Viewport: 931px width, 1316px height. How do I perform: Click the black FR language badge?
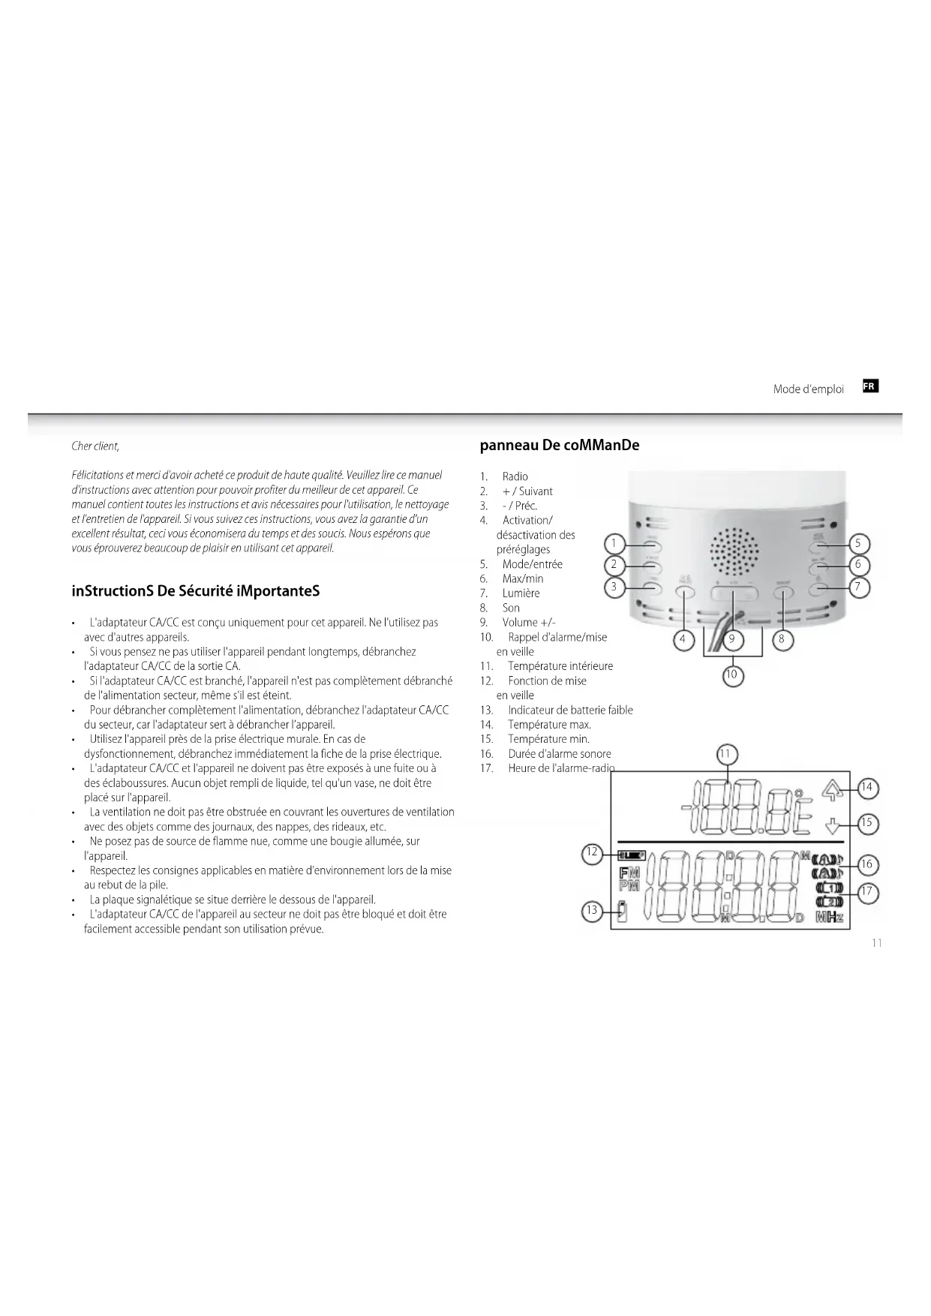click(x=869, y=386)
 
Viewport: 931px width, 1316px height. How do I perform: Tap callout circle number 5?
click(x=858, y=544)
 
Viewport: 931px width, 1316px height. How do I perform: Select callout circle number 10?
click(x=731, y=675)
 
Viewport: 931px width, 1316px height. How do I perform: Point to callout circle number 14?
click(x=866, y=787)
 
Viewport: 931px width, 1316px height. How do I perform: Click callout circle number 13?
click(x=592, y=911)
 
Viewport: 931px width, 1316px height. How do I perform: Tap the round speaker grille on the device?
click(x=733, y=550)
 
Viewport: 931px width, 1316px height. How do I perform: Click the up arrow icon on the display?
click(x=829, y=790)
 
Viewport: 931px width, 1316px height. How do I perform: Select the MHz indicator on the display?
click(x=829, y=918)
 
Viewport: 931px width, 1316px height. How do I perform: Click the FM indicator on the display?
click(x=629, y=873)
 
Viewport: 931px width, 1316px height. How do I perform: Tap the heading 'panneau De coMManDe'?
click(x=560, y=445)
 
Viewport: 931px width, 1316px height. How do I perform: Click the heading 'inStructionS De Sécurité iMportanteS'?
click(x=196, y=591)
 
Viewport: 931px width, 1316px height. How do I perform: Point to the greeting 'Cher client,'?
click(x=95, y=446)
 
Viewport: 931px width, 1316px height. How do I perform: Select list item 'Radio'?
click(x=515, y=476)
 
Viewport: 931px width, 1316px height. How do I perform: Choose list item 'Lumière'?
click(x=521, y=593)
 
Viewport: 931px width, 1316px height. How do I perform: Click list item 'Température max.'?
click(x=549, y=725)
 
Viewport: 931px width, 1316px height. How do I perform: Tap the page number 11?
click(x=876, y=943)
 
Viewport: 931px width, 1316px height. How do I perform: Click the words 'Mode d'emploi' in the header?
click(x=808, y=389)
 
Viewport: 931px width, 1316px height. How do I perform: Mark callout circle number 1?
click(x=614, y=544)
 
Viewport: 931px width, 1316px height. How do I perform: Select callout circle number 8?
click(x=782, y=640)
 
